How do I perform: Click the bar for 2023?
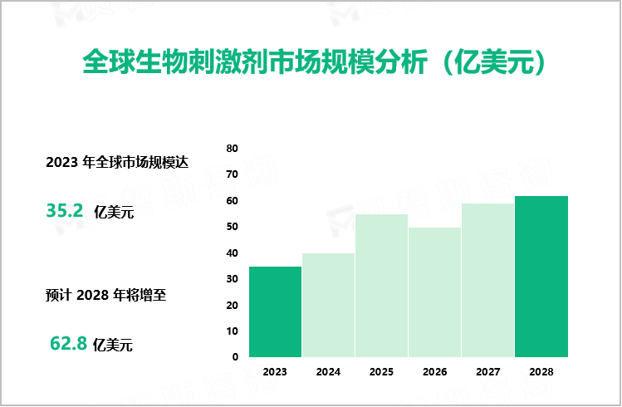275,311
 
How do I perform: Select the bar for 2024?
328,305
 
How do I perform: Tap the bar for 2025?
381,286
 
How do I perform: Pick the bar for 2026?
434,292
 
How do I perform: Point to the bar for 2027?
487,280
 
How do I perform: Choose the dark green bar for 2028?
541,277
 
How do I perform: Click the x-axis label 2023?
275,372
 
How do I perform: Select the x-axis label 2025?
381,372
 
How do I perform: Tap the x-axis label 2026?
434,372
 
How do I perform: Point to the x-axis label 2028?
541,372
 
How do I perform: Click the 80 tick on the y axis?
233,149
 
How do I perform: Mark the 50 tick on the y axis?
233,227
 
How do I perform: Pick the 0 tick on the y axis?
235,357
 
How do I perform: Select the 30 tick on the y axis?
233,279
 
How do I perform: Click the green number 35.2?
65,211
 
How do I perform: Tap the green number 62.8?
69,343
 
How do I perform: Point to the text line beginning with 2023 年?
117,163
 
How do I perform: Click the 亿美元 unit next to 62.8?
113,344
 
